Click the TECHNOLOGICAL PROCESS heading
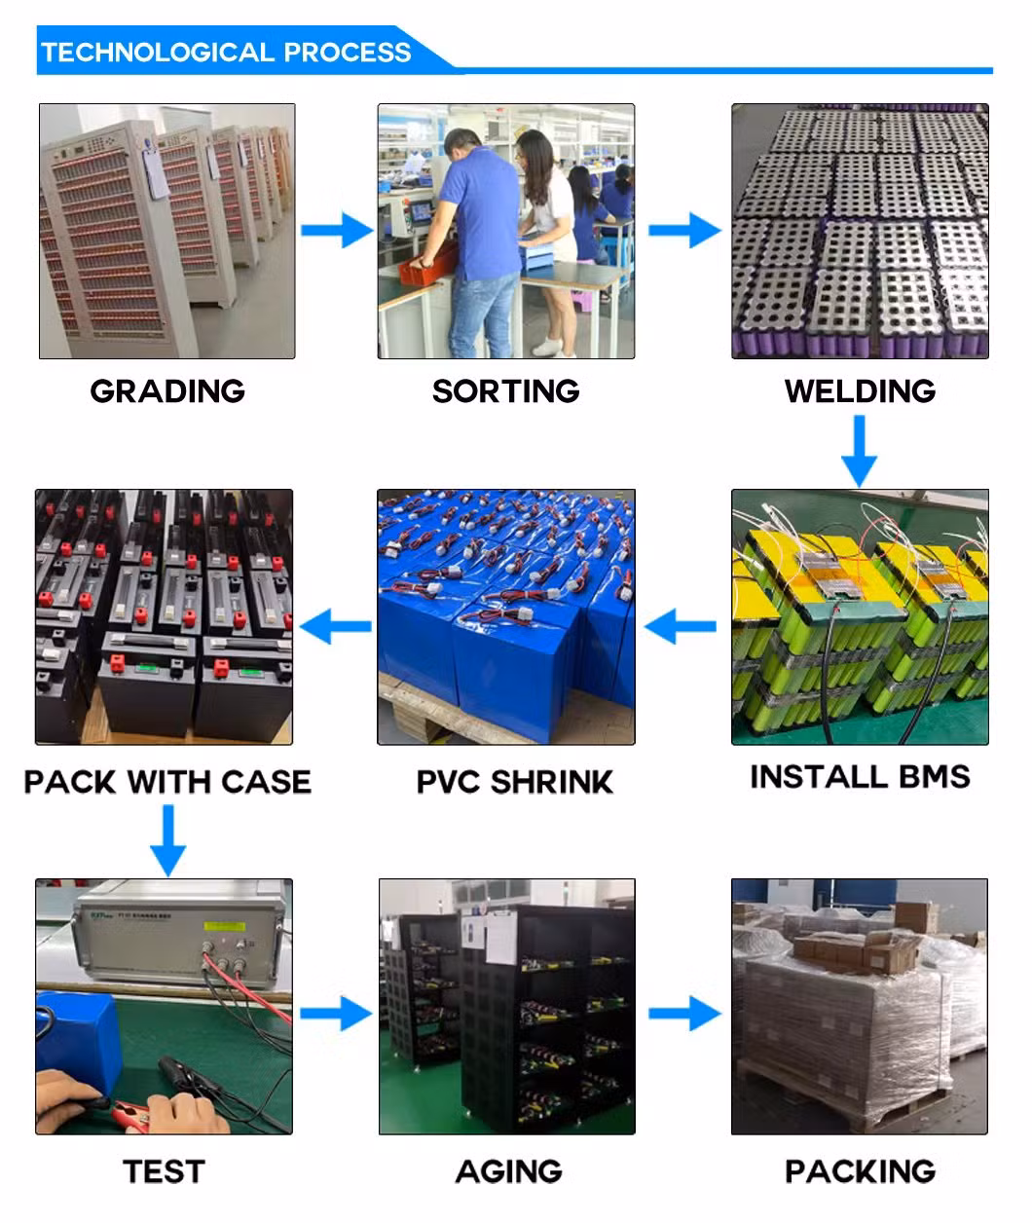tap(226, 53)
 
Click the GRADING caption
tap(166, 391)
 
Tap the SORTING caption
tap(505, 391)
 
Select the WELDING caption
tap(860, 391)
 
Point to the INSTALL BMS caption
tap(860, 777)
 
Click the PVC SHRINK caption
tap(514, 782)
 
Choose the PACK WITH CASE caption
tap(166, 782)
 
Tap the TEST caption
tap(164, 1170)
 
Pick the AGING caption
tap(508, 1170)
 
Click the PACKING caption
tap(860, 1170)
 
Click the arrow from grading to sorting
tap(336, 232)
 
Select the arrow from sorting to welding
tap(684, 232)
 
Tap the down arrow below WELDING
tap(859, 450)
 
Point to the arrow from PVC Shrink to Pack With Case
tap(336, 625)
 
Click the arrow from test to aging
tap(336, 1014)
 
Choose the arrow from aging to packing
tap(684, 1014)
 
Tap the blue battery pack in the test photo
tap(78, 1032)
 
